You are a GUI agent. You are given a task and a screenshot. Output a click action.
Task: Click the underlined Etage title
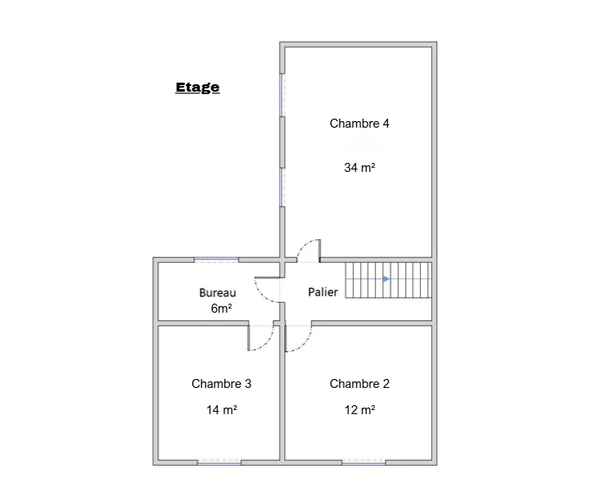[x=197, y=88]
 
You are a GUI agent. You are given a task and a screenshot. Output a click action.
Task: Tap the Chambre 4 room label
[x=359, y=124]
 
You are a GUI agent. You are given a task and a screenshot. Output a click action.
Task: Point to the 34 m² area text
[x=359, y=168]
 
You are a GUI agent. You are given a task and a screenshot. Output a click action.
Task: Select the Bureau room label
[x=218, y=293]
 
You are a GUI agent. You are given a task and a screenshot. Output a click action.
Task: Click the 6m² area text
[x=221, y=309]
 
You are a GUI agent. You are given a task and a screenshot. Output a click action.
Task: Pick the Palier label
[x=323, y=292]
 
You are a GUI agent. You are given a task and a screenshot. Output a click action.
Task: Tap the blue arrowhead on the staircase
[x=386, y=279]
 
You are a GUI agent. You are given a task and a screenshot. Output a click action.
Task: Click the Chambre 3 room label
[x=221, y=384]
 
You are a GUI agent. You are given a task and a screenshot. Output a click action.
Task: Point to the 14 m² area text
[x=221, y=410]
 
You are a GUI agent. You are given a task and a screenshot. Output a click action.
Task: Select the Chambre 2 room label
[x=359, y=384]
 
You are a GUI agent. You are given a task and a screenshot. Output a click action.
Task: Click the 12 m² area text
[x=359, y=410]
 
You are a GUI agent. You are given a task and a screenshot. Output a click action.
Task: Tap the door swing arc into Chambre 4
[x=304, y=245]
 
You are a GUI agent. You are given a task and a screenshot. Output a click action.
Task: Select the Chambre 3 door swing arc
[x=267, y=343]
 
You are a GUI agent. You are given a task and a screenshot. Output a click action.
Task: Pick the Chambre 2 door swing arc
[x=304, y=344]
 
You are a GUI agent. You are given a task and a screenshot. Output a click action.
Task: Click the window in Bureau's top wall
[x=216, y=259]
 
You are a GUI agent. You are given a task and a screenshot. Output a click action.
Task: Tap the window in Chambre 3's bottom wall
[x=219, y=462]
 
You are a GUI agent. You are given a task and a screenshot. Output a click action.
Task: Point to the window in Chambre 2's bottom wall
[x=363, y=462]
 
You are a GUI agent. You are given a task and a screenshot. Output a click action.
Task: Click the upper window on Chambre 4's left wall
[x=282, y=95]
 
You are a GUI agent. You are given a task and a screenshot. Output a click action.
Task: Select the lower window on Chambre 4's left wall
[x=282, y=187]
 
